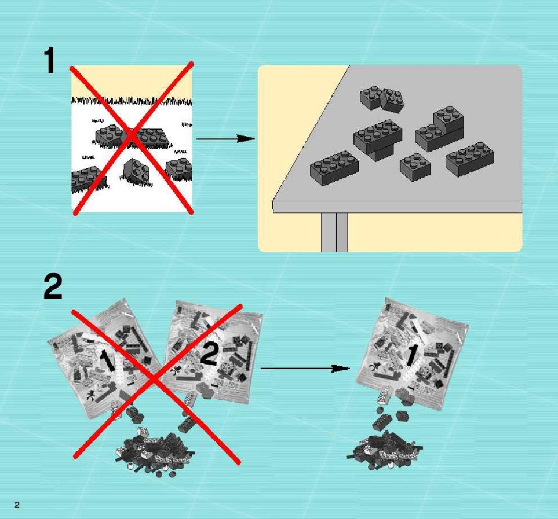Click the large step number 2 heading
53,286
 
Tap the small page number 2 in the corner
17,505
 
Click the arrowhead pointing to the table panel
246,138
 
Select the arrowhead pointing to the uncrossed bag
341,369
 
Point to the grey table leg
334,233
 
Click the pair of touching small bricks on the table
381,98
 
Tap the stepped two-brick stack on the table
439,128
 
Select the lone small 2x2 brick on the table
415,167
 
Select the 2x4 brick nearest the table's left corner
334,168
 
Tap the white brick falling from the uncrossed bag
382,396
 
